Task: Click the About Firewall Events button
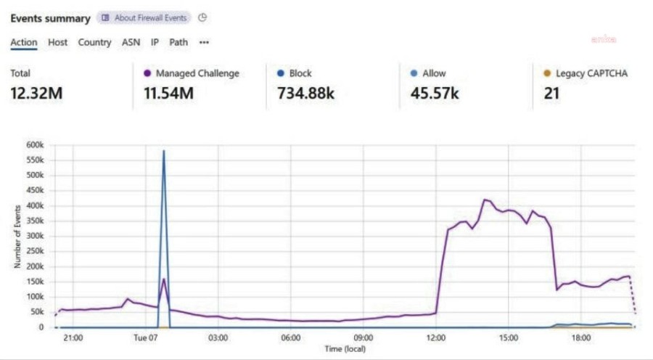(144, 17)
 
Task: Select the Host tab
(58, 42)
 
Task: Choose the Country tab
(94, 42)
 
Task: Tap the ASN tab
(131, 42)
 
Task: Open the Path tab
(178, 42)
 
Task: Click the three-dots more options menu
(205, 42)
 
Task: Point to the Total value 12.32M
(36, 93)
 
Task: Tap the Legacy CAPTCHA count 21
(552, 93)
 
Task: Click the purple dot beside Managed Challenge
(147, 73)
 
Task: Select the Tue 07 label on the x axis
(145, 337)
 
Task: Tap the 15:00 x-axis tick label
(509, 337)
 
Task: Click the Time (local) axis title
(345, 349)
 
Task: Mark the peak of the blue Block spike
(164, 151)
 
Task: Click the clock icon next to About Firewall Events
(202, 17)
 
